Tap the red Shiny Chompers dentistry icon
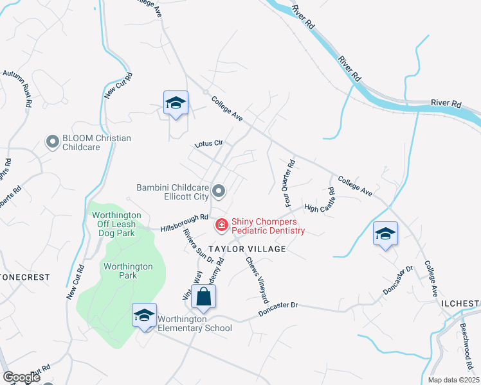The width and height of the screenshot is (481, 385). click(221, 225)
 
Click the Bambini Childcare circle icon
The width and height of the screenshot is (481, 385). click(219, 191)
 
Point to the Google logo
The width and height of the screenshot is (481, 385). click(21, 377)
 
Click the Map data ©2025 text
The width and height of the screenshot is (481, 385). click(454, 380)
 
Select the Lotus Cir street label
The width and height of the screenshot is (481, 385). click(208, 144)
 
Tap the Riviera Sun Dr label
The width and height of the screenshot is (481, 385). click(198, 244)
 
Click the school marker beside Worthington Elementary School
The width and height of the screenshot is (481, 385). click(145, 316)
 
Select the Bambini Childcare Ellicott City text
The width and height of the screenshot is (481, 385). click(174, 192)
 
